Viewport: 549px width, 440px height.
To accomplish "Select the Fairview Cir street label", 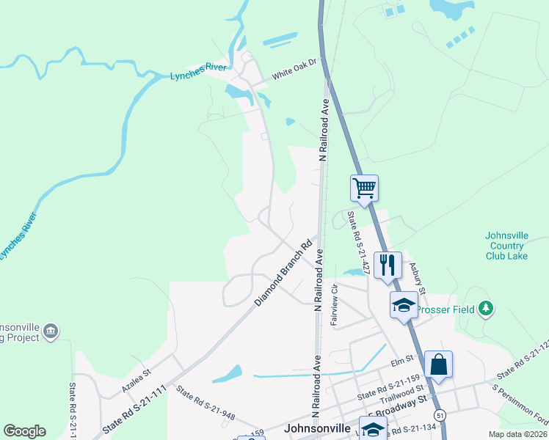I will point(334,305).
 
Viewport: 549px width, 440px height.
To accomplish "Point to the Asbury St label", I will point(418,279).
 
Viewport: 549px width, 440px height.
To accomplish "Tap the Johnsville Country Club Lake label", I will point(506,246).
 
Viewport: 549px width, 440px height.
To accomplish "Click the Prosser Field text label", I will point(446,309).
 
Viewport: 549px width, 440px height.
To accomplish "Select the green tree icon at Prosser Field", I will point(484,309).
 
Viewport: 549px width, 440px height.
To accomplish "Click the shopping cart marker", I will point(364,188).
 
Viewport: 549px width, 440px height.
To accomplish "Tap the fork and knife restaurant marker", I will point(388,264).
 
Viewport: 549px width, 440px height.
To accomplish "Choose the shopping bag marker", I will point(438,365).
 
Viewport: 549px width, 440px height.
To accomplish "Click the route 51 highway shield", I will point(439,415).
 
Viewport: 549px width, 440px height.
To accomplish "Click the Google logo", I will point(24,431).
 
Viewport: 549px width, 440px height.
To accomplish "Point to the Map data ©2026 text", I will point(517,434).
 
